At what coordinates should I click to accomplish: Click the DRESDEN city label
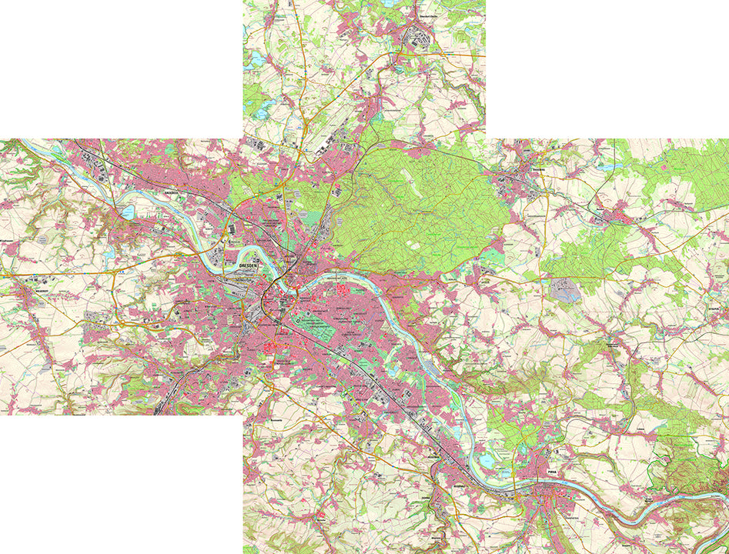(248, 263)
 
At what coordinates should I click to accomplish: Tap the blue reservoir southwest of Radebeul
(128, 212)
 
